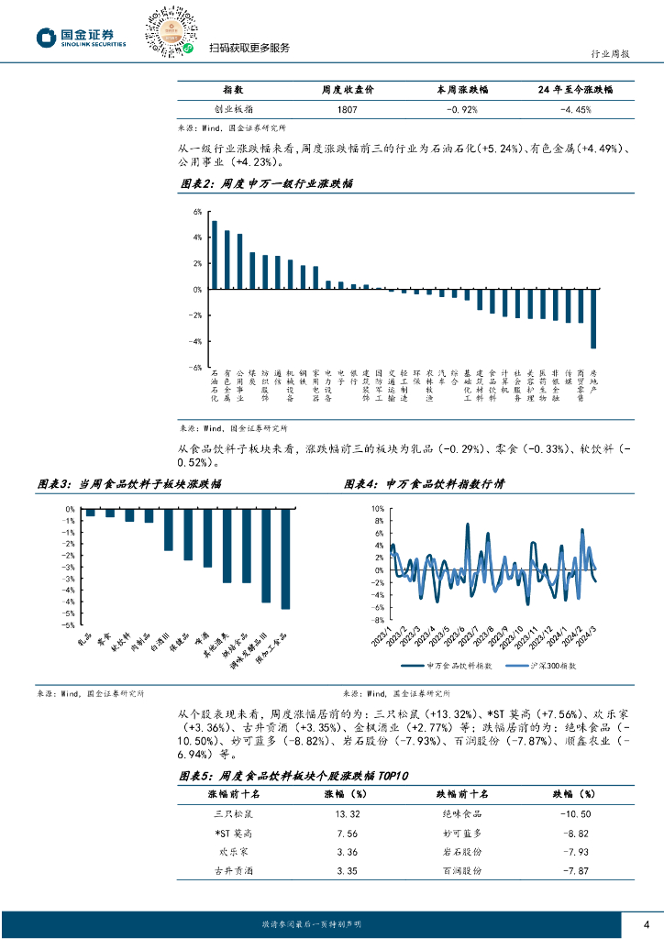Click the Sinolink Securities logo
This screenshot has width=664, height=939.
coord(81,38)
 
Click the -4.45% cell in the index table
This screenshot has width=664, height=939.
coord(575,109)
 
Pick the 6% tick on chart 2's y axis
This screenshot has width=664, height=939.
coord(196,212)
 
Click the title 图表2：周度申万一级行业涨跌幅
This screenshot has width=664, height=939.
coord(267,184)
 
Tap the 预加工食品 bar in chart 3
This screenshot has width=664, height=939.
coord(285,558)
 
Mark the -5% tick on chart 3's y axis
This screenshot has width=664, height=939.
coord(70,624)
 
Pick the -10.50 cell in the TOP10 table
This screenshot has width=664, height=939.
coord(575,813)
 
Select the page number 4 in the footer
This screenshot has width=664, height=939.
coord(647,922)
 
